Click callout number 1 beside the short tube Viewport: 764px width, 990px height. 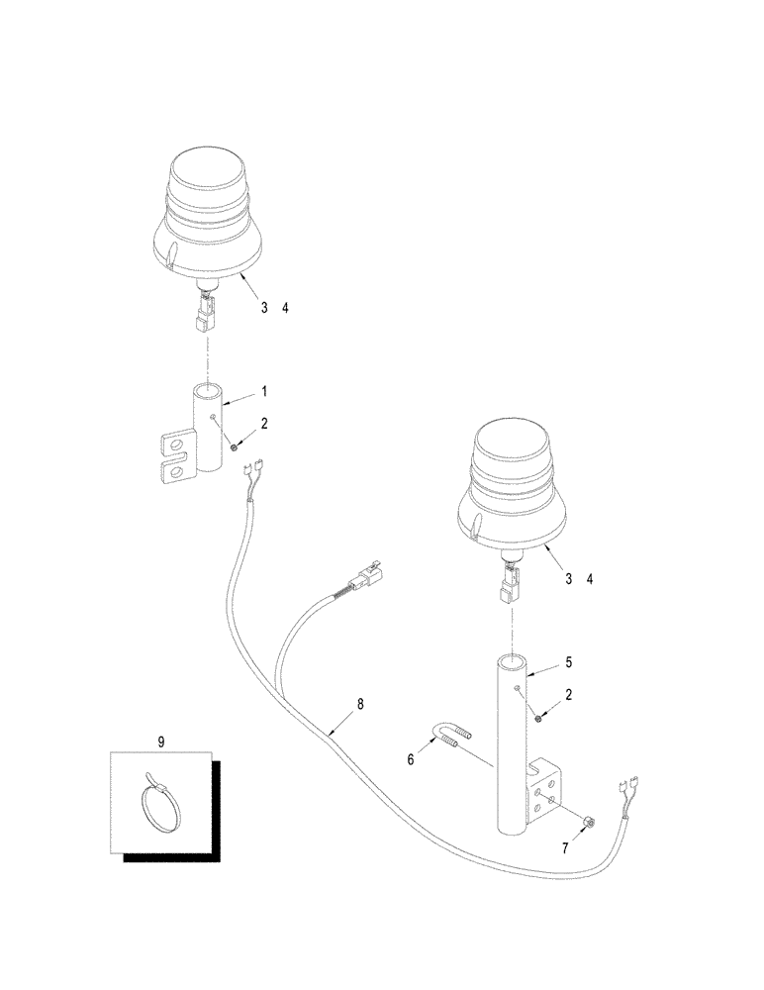(x=263, y=392)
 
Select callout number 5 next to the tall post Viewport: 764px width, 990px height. (x=566, y=660)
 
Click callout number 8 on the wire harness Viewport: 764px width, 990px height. (x=360, y=705)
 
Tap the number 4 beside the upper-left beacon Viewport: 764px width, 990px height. (x=286, y=308)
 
